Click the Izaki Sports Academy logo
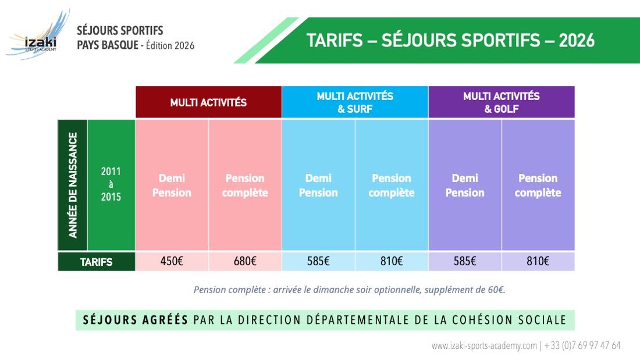(x=36, y=36)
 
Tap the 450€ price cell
(x=172, y=262)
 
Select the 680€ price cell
(x=245, y=262)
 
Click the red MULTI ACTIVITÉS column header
(x=208, y=102)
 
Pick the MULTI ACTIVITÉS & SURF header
(x=355, y=102)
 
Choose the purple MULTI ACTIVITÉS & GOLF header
(x=502, y=102)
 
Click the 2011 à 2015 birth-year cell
(x=111, y=184)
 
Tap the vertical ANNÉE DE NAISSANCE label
(x=73, y=185)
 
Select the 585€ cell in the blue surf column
(x=318, y=262)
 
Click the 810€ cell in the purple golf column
(x=538, y=262)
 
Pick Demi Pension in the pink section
(x=172, y=186)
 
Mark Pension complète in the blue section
(x=392, y=186)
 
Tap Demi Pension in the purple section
(x=465, y=186)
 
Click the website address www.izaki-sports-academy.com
(x=484, y=345)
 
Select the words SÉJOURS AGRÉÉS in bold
(x=136, y=320)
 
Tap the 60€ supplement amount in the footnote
(x=495, y=290)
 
